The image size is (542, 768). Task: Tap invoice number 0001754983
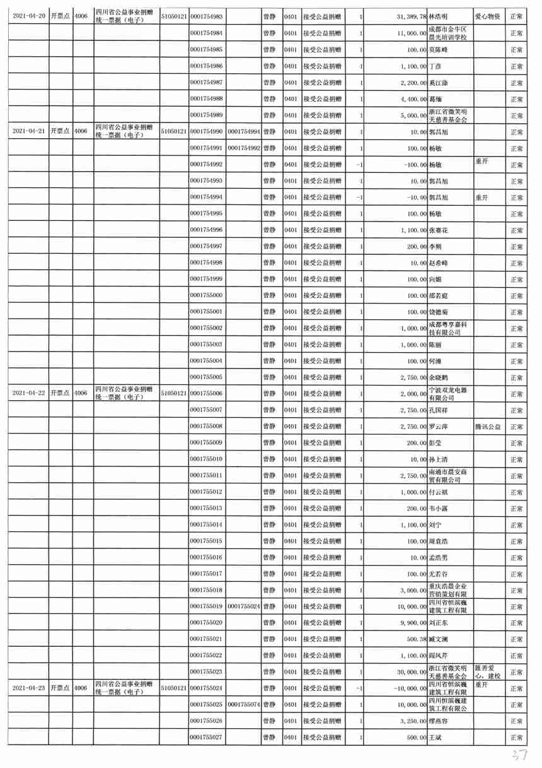coord(206,15)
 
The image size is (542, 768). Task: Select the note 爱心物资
coord(488,13)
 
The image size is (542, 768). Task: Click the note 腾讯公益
coord(488,427)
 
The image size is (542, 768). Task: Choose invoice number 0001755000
coord(206,295)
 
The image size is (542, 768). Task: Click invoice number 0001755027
coord(206,736)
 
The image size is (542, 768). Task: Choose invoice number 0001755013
coord(206,508)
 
